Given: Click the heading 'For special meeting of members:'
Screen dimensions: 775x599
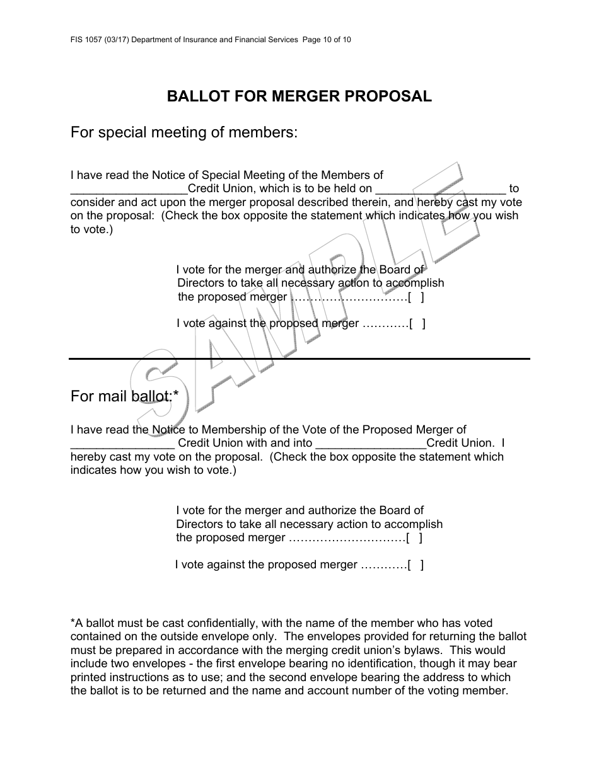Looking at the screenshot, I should tap(183, 133).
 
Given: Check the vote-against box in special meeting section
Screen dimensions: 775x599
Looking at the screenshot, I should tap(417, 324).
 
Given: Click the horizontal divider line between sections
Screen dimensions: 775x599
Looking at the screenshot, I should tap(299, 359).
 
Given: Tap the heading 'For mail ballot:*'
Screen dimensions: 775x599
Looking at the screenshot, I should tap(124, 396).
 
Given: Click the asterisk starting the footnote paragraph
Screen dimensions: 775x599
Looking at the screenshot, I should tap(73, 622).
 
